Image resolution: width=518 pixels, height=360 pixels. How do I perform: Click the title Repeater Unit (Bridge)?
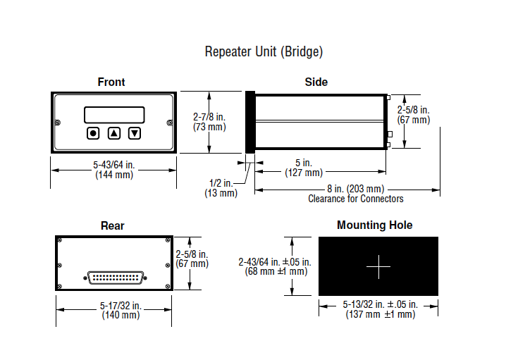click(264, 52)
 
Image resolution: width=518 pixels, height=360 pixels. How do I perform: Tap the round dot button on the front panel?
click(93, 133)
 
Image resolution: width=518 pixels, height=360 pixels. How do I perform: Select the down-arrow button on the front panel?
click(135, 133)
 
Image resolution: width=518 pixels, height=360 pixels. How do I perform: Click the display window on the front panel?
click(114, 115)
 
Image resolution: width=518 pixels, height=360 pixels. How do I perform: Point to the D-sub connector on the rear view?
click(115, 278)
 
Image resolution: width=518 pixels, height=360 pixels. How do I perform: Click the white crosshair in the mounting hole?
click(378, 266)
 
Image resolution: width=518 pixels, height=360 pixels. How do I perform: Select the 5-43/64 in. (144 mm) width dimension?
click(114, 170)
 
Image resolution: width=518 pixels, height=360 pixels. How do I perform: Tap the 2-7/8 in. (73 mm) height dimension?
click(209, 122)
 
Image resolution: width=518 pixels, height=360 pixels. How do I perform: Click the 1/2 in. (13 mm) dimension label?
click(221, 188)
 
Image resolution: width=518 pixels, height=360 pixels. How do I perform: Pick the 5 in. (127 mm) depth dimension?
click(304, 168)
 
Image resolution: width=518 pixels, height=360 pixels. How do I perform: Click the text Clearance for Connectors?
click(356, 199)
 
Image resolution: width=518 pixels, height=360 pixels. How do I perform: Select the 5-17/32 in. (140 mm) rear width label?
click(121, 310)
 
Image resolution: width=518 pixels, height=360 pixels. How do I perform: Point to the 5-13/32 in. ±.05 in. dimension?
click(381, 304)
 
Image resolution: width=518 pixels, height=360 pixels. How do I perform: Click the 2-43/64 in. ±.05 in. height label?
click(275, 262)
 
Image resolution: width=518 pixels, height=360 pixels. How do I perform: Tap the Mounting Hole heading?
click(375, 225)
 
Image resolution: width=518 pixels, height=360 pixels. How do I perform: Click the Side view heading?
click(316, 82)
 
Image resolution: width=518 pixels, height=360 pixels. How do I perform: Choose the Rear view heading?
click(113, 225)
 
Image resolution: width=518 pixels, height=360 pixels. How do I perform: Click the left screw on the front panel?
click(58, 123)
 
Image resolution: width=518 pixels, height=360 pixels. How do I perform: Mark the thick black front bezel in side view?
click(250, 122)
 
